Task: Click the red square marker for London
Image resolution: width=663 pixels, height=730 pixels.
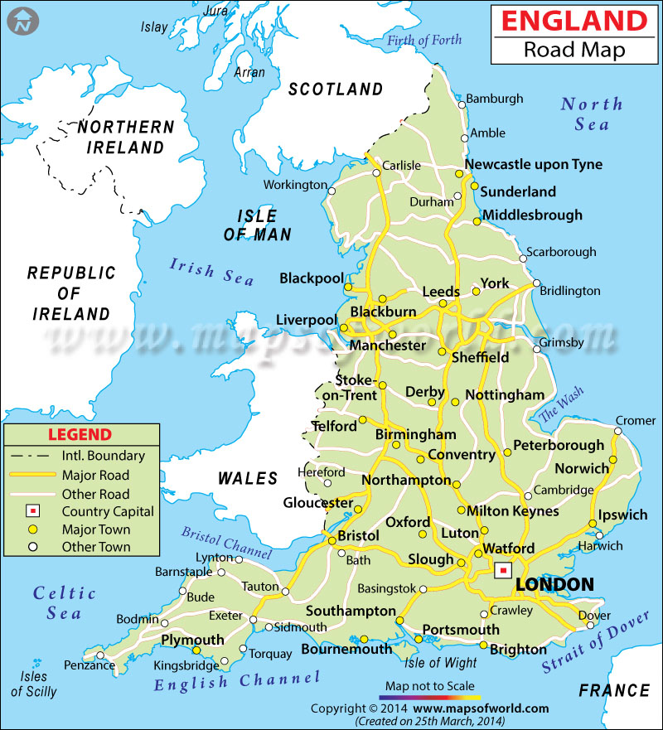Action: (502, 571)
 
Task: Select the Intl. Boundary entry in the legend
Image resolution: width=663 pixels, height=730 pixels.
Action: (103, 456)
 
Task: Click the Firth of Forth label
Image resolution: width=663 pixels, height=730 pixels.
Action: (423, 40)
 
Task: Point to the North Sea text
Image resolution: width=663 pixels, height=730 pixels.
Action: (590, 114)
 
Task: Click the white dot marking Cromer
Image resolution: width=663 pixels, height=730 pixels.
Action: (618, 431)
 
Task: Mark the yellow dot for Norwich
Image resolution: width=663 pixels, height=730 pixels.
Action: (613, 461)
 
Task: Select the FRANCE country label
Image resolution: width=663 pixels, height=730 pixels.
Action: (614, 690)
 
